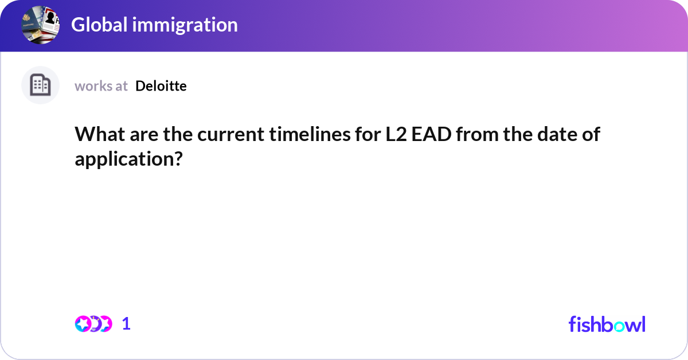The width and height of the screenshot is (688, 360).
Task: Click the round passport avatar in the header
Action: (41, 25)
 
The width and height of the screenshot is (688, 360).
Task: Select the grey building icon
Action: (40, 85)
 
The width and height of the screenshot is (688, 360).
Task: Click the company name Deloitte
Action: (161, 86)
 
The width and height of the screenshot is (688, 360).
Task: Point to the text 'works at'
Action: (101, 86)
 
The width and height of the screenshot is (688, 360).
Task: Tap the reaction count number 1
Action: (127, 324)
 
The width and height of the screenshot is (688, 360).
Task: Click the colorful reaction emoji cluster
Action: (93, 324)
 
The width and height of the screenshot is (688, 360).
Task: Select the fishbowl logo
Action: (607, 324)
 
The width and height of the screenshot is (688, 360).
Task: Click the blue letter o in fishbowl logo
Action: (619, 325)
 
